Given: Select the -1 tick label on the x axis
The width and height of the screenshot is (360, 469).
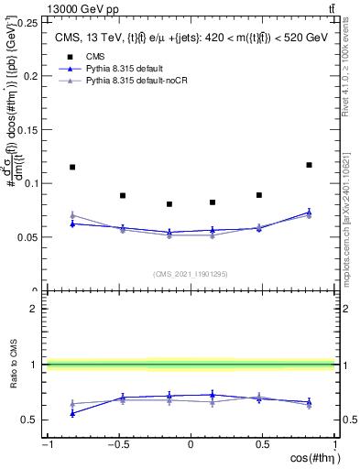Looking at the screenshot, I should (x=47, y=444).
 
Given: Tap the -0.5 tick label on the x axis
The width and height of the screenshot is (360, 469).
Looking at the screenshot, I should (x=117, y=444).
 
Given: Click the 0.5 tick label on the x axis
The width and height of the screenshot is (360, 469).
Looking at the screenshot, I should (x=263, y=444).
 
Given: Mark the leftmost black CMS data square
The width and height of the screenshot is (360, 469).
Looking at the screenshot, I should (x=72, y=167).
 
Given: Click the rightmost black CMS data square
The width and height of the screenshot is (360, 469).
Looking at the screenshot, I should (x=309, y=165).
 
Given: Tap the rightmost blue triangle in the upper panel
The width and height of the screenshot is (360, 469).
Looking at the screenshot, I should (x=309, y=213).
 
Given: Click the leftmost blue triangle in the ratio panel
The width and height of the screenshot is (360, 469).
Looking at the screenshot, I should (x=72, y=413).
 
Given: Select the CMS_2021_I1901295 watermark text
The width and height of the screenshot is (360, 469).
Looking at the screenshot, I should (x=190, y=274).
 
